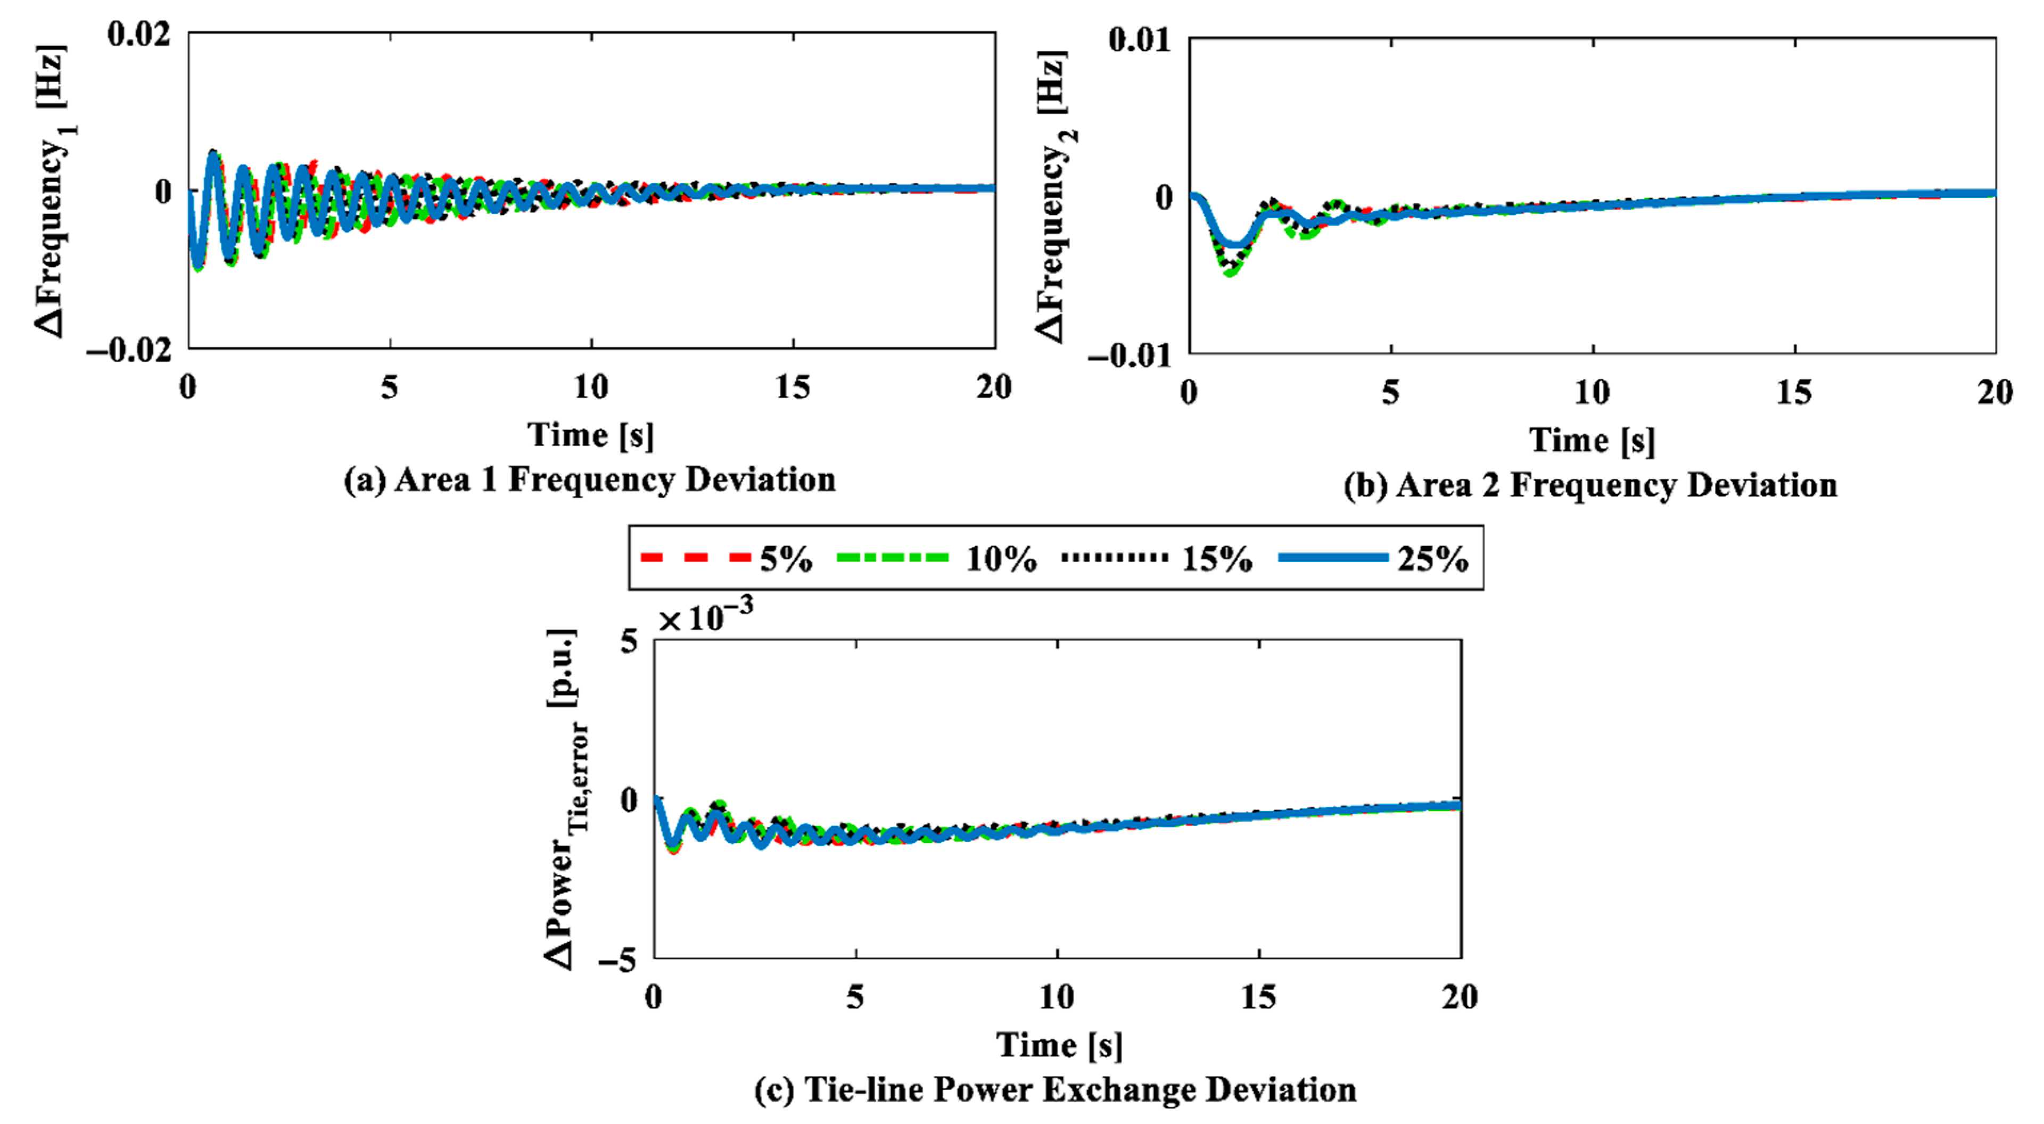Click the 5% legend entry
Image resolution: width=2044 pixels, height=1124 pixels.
[x=726, y=558]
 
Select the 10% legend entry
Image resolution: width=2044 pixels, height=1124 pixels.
[x=936, y=558]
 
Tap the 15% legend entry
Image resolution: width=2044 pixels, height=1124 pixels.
[x=1157, y=558]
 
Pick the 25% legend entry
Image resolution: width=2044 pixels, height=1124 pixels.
[x=1373, y=558]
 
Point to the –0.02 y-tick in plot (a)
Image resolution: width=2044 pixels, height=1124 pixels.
[x=129, y=349]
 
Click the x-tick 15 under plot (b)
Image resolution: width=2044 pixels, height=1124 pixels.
[x=1793, y=393]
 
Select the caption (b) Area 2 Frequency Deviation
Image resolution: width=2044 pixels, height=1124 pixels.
[x=1590, y=485]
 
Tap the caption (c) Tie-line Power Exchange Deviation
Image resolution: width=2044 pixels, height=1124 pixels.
[x=1056, y=1090]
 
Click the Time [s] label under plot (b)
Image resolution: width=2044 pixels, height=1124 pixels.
[x=1592, y=440]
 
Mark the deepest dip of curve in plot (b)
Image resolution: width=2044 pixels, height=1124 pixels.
[x=1231, y=272]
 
